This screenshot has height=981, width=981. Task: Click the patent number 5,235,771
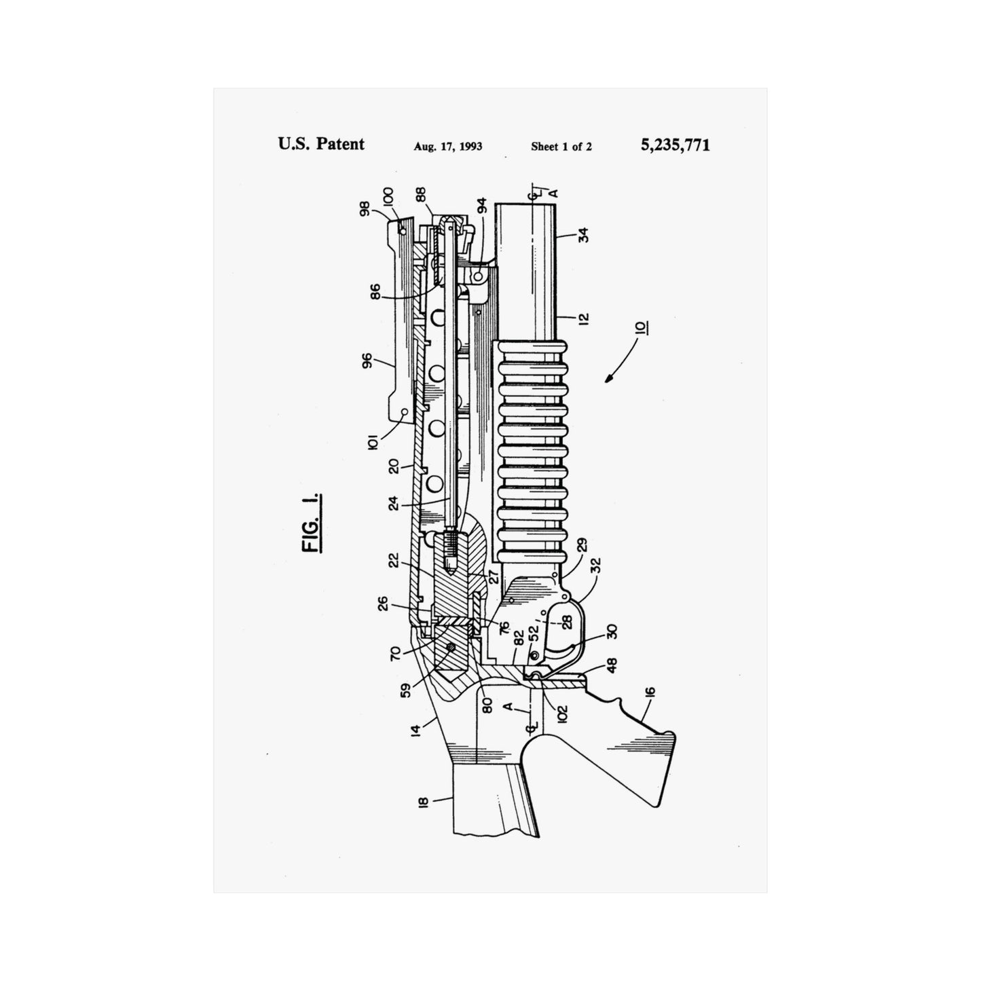[675, 145]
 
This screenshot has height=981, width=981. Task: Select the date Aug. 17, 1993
[448, 147]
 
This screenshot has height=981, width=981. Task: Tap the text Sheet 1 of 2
[561, 147]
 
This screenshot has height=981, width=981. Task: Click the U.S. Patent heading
[321, 144]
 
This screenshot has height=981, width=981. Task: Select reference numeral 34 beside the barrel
[583, 235]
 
